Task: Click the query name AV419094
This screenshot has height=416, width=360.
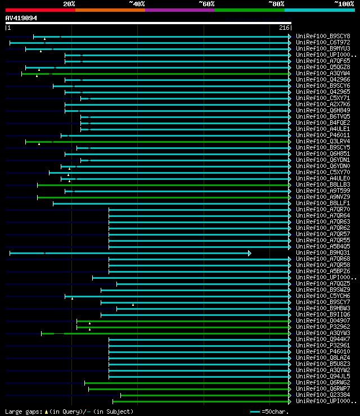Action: [x=21, y=18]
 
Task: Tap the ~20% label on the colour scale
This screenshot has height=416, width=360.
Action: [x=69, y=4]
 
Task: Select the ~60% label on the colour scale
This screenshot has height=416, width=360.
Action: [x=206, y=4]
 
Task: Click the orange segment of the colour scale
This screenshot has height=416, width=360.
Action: [x=110, y=10]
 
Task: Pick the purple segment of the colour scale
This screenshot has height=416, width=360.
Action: [x=179, y=10]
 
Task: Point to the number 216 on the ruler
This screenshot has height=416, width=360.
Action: [x=284, y=28]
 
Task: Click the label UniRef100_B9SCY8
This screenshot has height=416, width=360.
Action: [x=323, y=37]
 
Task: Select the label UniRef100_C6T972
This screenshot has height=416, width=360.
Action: [x=323, y=43]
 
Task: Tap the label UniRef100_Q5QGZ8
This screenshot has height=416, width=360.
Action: [x=323, y=67]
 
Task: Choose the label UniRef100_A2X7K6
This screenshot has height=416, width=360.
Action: [x=323, y=105]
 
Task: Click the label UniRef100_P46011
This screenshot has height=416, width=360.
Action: [x=323, y=135]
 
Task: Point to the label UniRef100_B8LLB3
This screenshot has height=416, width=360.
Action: [x=323, y=185]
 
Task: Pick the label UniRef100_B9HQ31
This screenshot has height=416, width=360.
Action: [x=323, y=253]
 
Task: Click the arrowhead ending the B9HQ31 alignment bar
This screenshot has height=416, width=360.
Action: [x=249, y=253]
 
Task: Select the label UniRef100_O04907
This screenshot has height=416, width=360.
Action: [x=323, y=321]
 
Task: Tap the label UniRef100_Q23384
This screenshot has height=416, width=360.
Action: [x=323, y=395]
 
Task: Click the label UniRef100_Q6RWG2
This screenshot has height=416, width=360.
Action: [x=323, y=383]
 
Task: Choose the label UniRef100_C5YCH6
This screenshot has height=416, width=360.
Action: [x=323, y=296]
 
